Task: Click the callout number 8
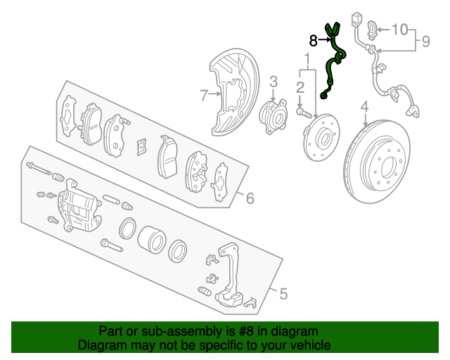[313, 41]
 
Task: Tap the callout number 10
[400, 30]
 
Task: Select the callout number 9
[426, 41]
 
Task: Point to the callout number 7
[204, 96]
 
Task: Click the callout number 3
[274, 82]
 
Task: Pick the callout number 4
[364, 106]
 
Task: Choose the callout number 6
[250, 198]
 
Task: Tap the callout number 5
[283, 294]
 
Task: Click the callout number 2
[300, 87]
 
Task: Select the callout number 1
[307, 58]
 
